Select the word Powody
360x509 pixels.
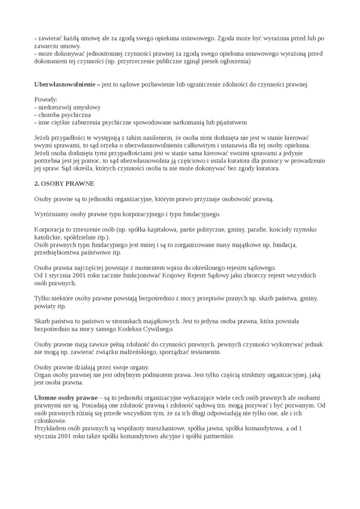(45, 100)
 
